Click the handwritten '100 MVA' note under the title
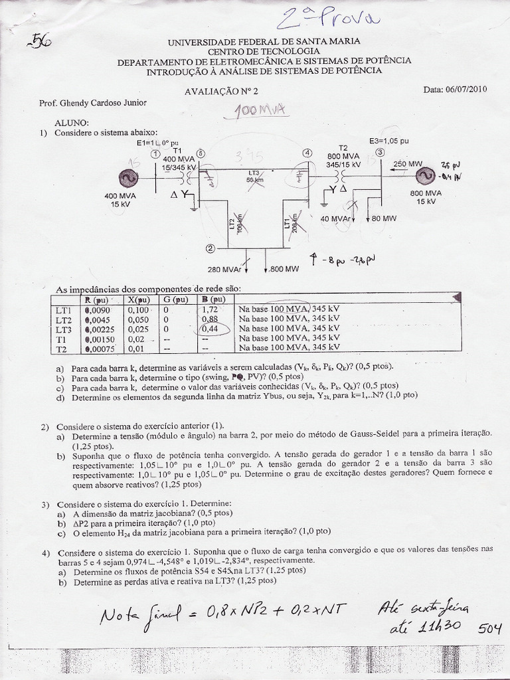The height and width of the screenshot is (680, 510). click(x=260, y=111)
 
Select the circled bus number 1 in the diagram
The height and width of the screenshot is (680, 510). click(x=155, y=153)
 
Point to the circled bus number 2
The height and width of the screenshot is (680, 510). click(x=210, y=249)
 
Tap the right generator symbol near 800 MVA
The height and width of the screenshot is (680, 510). click(x=422, y=176)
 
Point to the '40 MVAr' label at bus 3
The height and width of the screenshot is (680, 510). click(x=335, y=218)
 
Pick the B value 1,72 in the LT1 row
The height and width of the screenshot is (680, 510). click(x=210, y=309)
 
